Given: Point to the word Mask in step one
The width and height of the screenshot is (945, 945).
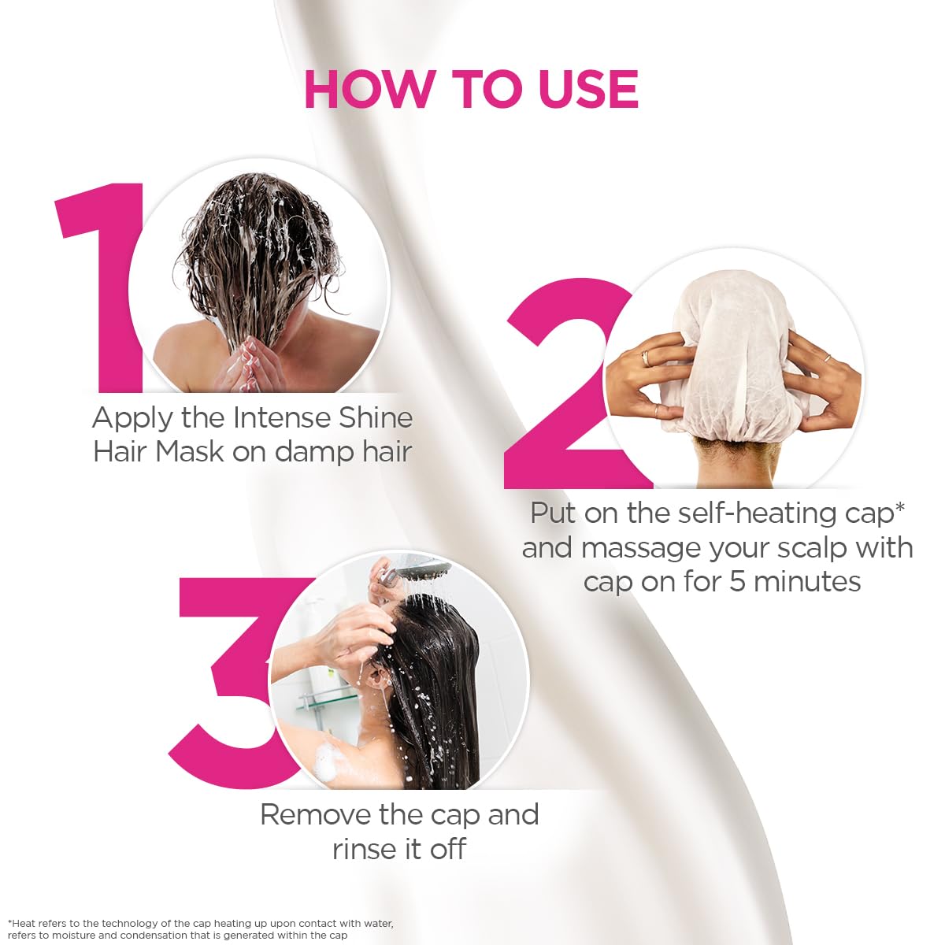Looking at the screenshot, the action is pos(189,451).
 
